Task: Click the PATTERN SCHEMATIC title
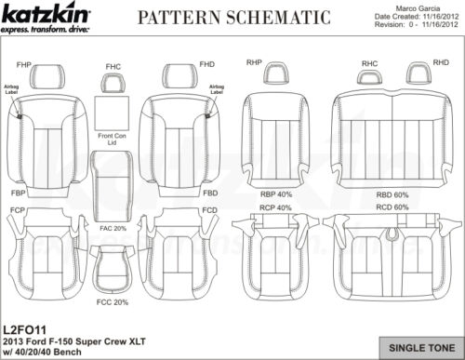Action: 232,17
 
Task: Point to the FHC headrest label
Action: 113,67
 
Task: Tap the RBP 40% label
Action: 276,194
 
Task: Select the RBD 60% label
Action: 392,194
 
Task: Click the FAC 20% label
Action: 113,227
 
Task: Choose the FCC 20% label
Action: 113,302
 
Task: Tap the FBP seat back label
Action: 18,193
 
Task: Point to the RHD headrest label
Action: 441,62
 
